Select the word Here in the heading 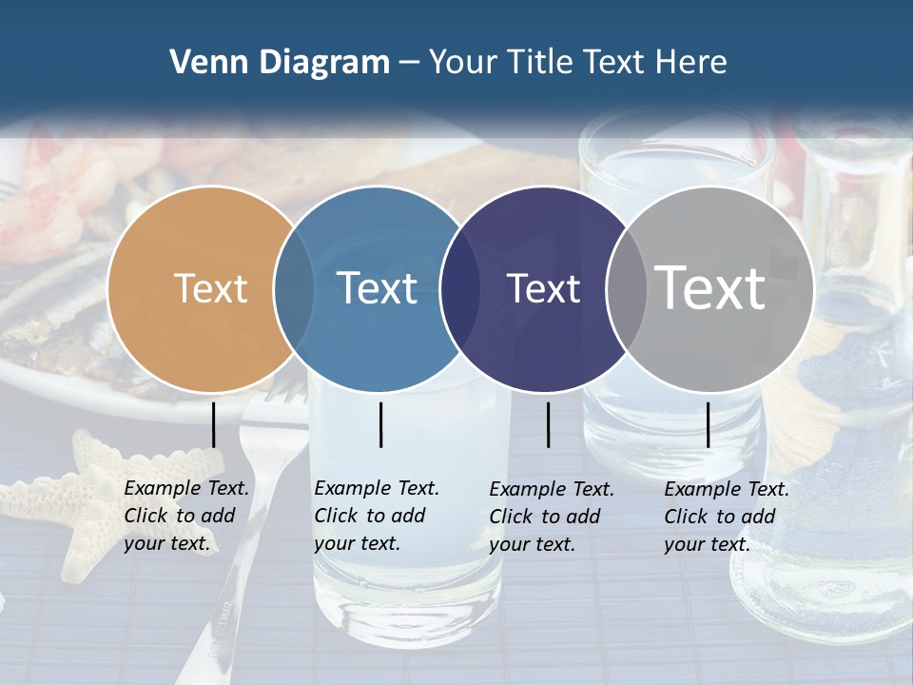pyautogui.click(x=693, y=63)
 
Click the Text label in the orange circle pyautogui.click(x=210, y=288)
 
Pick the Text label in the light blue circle pyautogui.click(x=377, y=288)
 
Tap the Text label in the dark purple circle pyautogui.click(x=543, y=288)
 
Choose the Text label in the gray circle pyautogui.click(x=710, y=287)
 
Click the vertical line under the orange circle pyautogui.click(x=213, y=424)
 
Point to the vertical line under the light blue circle pyautogui.click(x=380, y=424)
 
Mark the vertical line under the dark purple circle pyautogui.click(x=548, y=424)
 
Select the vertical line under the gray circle pyautogui.click(x=708, y=424)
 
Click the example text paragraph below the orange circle pyautogui.click(x=186, y=516)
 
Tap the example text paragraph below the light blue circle pyautogui.click(x=377, y=516)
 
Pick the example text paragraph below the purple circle pyautogui.click(x=552, y=517)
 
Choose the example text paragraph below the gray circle pyautogui.click(x=727, y=517)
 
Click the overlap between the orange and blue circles pyautogui.click(x=294, y=288)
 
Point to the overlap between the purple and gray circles pyautogui.click(x=627, y=288)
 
